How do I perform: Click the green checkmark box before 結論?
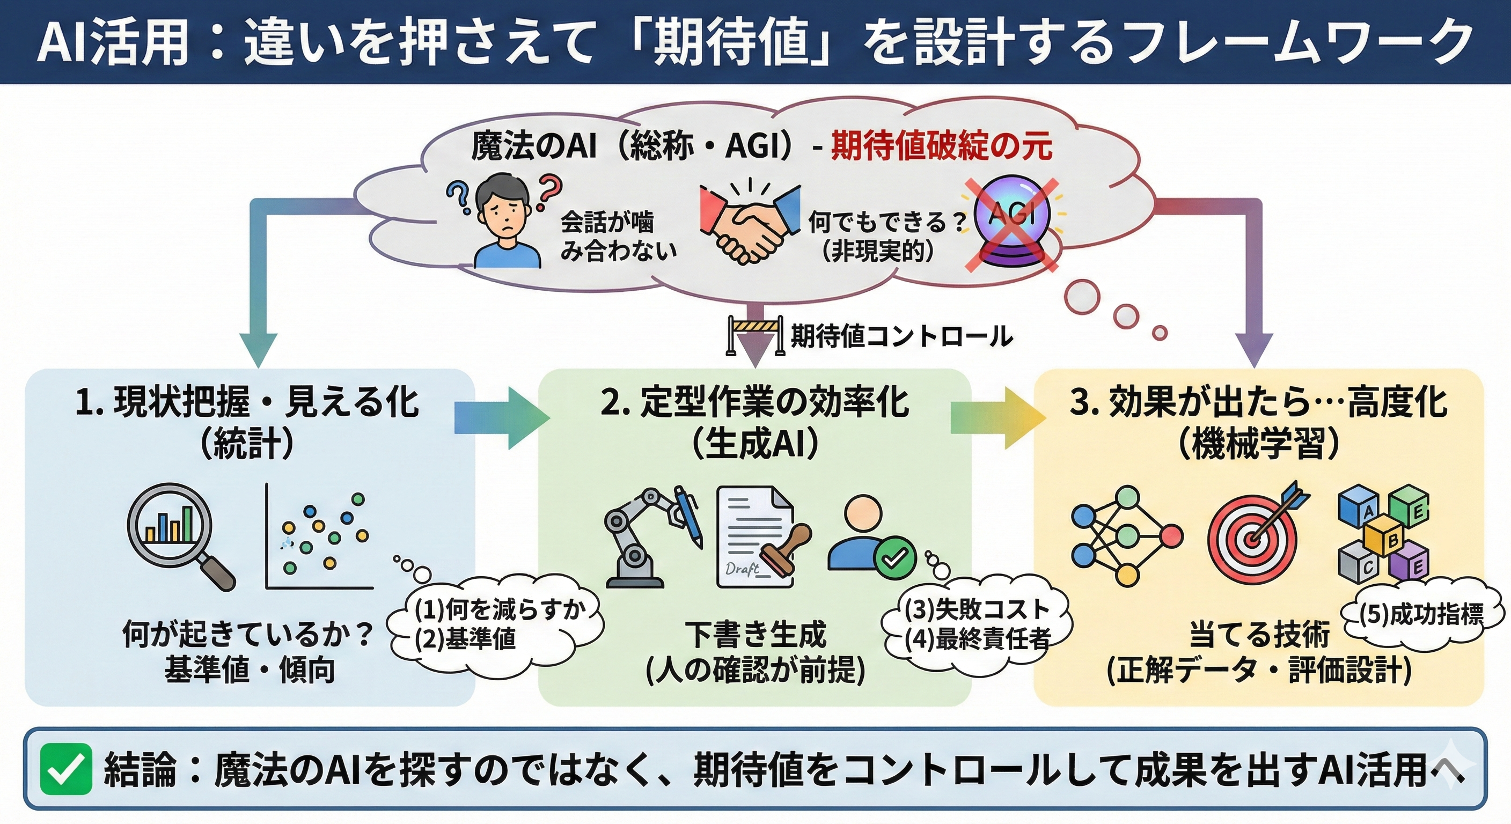tap(65, 769)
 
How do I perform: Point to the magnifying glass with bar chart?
tap(176, 531)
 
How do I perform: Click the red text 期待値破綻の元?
tap(942, 146)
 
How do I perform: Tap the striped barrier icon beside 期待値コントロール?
tap(755, 334)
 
